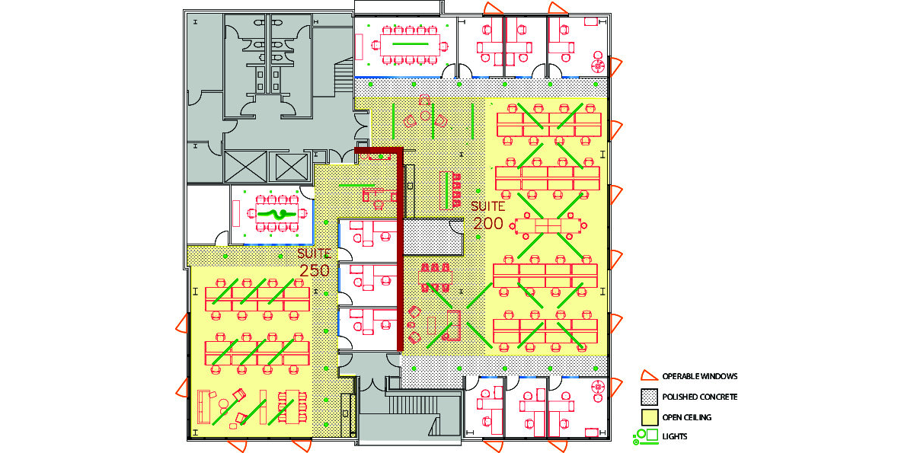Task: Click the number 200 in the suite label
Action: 488,223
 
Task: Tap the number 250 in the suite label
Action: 315,270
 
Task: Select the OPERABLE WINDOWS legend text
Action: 700,376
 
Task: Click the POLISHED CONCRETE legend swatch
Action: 649,397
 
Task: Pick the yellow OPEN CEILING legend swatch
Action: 649,417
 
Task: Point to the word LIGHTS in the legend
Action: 675,436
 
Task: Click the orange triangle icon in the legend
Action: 649,376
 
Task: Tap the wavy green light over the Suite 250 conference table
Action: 276,214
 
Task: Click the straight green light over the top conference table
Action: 410,43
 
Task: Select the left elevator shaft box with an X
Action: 245,167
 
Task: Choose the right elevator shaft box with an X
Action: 291,167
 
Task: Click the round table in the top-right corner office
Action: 598,65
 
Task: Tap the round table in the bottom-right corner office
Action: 598,386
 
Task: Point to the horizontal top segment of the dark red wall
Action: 379,151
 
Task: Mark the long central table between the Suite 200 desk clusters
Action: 548,225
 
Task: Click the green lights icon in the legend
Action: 646,436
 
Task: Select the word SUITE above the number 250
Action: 314,254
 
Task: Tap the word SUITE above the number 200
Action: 488,206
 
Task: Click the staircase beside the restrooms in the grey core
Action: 344,75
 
